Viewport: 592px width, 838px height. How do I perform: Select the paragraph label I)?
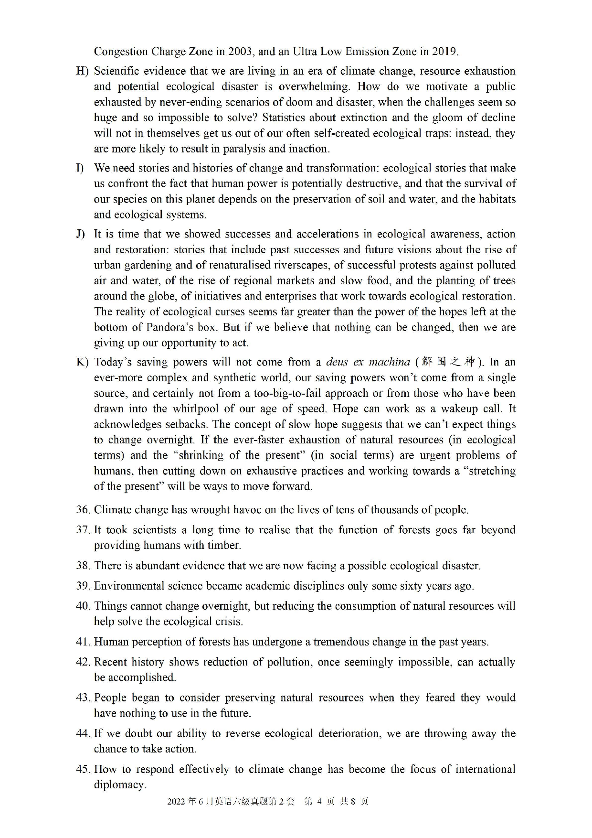80,168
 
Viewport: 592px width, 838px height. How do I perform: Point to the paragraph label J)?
80,234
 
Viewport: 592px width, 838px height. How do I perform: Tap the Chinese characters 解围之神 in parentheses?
449,362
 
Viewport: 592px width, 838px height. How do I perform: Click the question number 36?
83,510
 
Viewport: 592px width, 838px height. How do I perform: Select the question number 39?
83,586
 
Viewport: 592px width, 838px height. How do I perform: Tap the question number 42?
83,662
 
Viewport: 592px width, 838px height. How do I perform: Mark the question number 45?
83,769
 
